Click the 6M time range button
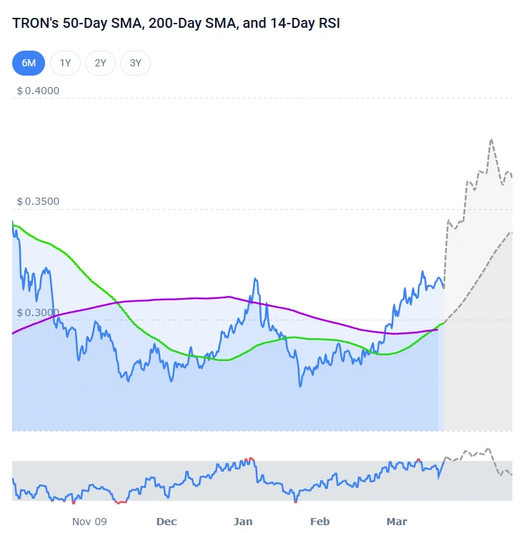pos(29,63)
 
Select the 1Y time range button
pos(65,63)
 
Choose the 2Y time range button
pos(100,63)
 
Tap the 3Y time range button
pos(135,63)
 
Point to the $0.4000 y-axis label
pos(38,91)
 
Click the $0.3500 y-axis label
pos(38,201)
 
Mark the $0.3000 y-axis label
pos(38,313)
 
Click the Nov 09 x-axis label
pos(89,522)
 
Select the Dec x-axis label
pos(167,522)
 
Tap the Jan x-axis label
pos(244,522)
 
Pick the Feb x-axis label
pos(320,522)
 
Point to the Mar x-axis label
pos(397,522)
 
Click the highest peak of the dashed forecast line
pos(491,140)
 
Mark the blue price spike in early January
pos(254,279)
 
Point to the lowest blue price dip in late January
pos(300,386)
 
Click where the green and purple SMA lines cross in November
pos(116,303)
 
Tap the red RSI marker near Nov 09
pos(121,502)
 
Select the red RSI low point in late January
pos(295,502)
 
